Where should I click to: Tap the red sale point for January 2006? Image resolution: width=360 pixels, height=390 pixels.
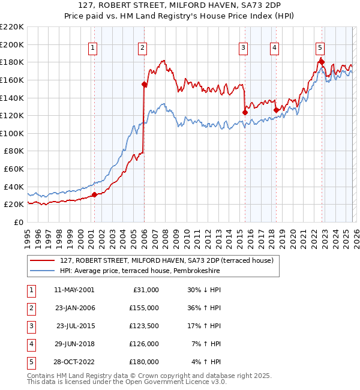[x=144, y=85]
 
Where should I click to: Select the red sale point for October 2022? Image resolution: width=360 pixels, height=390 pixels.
[x=322, y=62]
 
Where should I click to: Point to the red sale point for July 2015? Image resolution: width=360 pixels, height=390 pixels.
[x=245, y=112]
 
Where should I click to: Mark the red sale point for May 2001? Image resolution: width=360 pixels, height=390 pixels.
[x=94, y=194]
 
